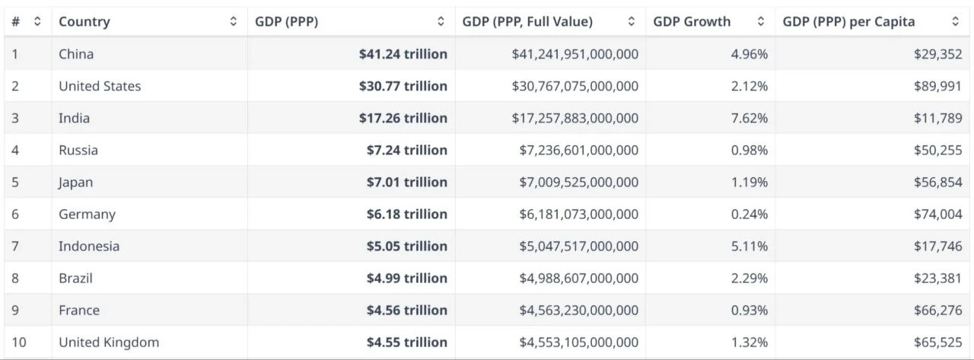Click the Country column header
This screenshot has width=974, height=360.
84,22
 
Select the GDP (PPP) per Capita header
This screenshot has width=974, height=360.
848,22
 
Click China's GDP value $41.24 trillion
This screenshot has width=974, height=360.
403,54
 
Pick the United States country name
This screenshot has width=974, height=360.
100,86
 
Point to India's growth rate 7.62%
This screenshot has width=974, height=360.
749,118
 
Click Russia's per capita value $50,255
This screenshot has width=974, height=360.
938,150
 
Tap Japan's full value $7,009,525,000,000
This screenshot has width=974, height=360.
575,182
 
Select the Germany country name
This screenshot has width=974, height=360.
87,214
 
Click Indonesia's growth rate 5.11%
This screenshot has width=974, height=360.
749,246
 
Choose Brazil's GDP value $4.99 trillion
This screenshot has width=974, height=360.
406,278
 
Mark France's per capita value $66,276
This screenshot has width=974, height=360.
938,310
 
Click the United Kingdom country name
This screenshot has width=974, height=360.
109,342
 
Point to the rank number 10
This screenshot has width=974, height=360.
19,342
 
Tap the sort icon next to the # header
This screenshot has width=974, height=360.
37,22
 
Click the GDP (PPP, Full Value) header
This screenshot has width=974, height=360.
527,22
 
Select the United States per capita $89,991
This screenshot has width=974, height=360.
938,86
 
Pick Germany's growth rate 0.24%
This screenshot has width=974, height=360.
749,214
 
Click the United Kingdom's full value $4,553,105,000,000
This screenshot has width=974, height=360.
575,342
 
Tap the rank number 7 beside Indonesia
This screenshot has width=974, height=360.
15,246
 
